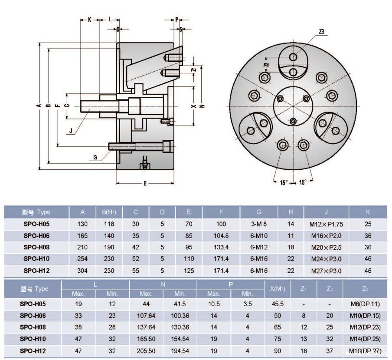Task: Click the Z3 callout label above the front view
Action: (x=321, y=32)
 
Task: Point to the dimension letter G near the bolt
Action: (x=95, y=158)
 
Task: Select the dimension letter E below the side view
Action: (x=145, y=183)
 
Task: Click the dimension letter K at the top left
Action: (x=89, y=20)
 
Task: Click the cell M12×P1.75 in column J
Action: (x=327, y=224)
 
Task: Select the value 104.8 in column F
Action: (x=221, y=236)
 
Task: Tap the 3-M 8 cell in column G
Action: (x=259, y=224)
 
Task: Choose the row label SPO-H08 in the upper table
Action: (x=37, y=248)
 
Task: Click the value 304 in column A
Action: (x=82, y=271)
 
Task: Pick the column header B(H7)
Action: (x=109, y=212)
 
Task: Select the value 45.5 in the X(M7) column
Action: (x=278, y=304)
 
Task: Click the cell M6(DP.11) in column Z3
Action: (x=365, y=304)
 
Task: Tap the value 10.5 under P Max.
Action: (x=214, y=304)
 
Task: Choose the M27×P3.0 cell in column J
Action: (x=327, y=271)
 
